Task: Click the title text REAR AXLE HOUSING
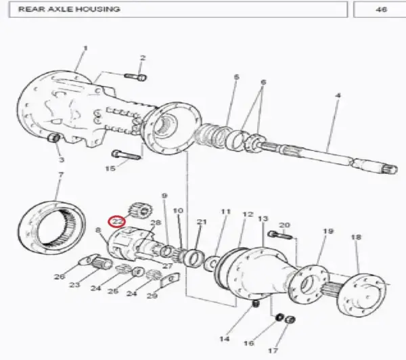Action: click(x=69, y=9)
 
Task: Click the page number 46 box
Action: click(x=380, y=9)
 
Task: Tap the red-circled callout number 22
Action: click(x=117, y=222)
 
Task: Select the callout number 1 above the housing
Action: click(x=85, y=49)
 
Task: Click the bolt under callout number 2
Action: click(x=135, y=77)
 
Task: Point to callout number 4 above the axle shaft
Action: click(x=338, y=95)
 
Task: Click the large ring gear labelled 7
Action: click(x=52, y=228)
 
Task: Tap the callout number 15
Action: click(x=110, y=168)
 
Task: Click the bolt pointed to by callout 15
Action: click(x=126, y=155)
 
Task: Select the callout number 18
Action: click(x=356, y=238)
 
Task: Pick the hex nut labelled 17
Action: click(x=290, y=319)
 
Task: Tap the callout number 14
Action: click(x=224, y=339)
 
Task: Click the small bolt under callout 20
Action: click(x=280, y=235)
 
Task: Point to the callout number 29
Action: click(x=152, y=296)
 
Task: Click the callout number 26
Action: click(x=59, y=277)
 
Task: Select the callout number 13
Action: click(x=263, y=219)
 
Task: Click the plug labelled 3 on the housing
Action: click(x=54, y=137)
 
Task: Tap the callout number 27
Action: click(x=167, y=266)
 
